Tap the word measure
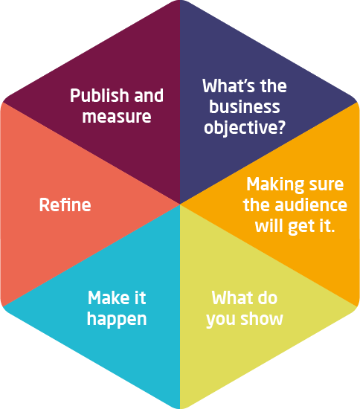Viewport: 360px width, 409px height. pos(117,117)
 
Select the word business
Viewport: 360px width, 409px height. pos(245,106)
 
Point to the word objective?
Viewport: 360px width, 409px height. pos(245,128)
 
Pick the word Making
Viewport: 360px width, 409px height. pos(275,184)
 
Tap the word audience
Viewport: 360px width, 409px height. pos(311,204)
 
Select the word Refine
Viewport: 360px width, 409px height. pos(65,204)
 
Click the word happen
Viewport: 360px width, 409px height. pos(117,319)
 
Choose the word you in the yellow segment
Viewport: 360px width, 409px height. pos(221,321)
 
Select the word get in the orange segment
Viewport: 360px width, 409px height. pos(300,227)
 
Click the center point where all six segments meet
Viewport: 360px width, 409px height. pos(180,204)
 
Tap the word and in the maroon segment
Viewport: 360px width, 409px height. pos(149,95)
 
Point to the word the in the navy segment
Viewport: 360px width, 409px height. pos(274,86)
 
